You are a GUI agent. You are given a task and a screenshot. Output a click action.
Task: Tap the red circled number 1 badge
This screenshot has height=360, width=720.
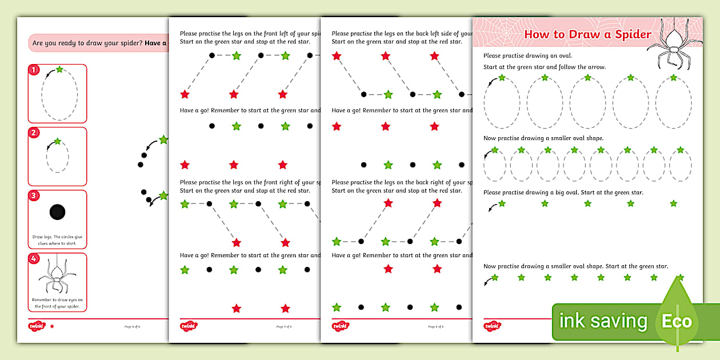(x=34, y=70)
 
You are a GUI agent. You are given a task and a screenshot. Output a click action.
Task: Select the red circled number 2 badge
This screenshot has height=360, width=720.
(x=34, y=133)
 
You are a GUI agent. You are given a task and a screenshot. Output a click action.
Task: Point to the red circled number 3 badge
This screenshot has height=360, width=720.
(x=34, y=196)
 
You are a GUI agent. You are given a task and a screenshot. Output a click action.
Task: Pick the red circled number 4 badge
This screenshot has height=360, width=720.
(x=34, y=259)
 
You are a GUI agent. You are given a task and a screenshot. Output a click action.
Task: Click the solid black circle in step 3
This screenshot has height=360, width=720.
(x=57, y=212)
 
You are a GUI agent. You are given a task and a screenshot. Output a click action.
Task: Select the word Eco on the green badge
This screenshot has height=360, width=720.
(x=677, y=321)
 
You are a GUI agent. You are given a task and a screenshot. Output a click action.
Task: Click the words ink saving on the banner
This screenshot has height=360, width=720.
(x=603, y=321)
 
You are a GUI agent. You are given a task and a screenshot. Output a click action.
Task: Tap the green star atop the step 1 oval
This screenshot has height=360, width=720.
(x=59, y=69)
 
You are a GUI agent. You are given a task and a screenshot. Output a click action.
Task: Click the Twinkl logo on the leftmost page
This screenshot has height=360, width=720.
(x=37, y=326)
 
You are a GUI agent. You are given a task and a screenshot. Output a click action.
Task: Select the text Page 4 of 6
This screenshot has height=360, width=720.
(x=132, y=327)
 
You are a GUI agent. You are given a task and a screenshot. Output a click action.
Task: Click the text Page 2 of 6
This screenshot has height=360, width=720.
(x=435, y=327)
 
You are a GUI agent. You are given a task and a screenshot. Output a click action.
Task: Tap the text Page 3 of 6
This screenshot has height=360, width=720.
(x=284, y=327)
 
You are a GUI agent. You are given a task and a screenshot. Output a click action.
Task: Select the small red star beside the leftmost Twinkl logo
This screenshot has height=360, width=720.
(x=52, y=326)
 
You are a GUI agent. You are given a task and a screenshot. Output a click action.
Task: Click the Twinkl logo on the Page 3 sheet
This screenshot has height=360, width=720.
(x=189, y=326)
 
